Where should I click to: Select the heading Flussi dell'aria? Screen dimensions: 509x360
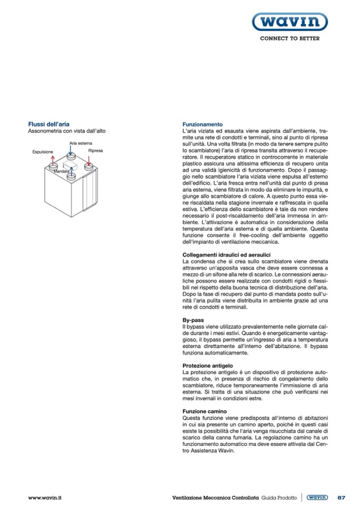pos(49,124)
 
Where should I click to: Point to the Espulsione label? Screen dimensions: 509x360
pos(43,152)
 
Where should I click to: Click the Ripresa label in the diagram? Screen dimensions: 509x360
pos(96,151)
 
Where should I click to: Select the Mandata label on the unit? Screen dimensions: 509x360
pos(62,171)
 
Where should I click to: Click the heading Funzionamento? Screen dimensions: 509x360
pos(199,124)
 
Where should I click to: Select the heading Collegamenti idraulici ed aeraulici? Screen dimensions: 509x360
pos(219,255)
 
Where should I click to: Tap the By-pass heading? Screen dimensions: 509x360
pos(193,321)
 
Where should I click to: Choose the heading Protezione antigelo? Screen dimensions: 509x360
pos(208,366)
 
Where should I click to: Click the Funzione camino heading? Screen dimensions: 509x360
pos(204,411)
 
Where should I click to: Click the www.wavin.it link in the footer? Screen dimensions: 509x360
pos(45,497)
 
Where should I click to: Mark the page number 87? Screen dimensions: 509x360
pos(341,497)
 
